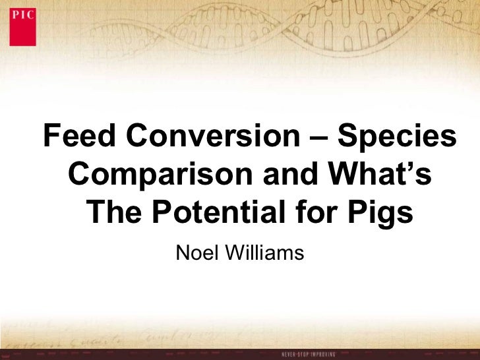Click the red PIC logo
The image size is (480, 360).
coord(22,26)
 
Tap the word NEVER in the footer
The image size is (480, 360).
coord(291,354)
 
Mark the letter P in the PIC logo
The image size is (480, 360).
coord(16,14)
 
